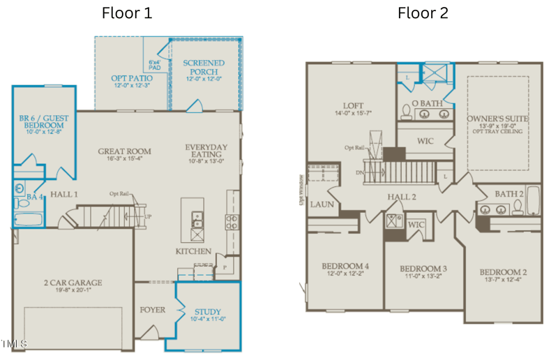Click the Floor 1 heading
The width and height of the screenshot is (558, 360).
pyautogui.click(x=126, y=13)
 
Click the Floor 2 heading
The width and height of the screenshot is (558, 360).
pyautogui.click(x=423, y=13)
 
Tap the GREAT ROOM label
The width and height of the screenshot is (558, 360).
pyautogui.click(x=124, y=151)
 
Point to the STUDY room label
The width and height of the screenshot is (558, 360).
pyautogui.click(x=208, y=312)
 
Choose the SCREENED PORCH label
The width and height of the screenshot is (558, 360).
pyautogui.click(x=204, y=68)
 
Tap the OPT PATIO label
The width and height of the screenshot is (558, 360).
pyautogui.click(x=132, y=78)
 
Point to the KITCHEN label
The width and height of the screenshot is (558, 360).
pyautogui.click(x=193, y=251)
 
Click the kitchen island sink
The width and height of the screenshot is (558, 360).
pyautogui.click(x=197, y=217)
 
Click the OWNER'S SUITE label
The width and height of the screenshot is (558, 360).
pyautogui.click(x=497, y=119)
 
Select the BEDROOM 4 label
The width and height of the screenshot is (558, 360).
pyautogui.click(x=345, y=267)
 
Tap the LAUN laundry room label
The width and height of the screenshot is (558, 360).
pyautogui.click(x=322, y=204)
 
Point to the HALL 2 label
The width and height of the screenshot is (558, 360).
pyautogui.click(x=402, y=197)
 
